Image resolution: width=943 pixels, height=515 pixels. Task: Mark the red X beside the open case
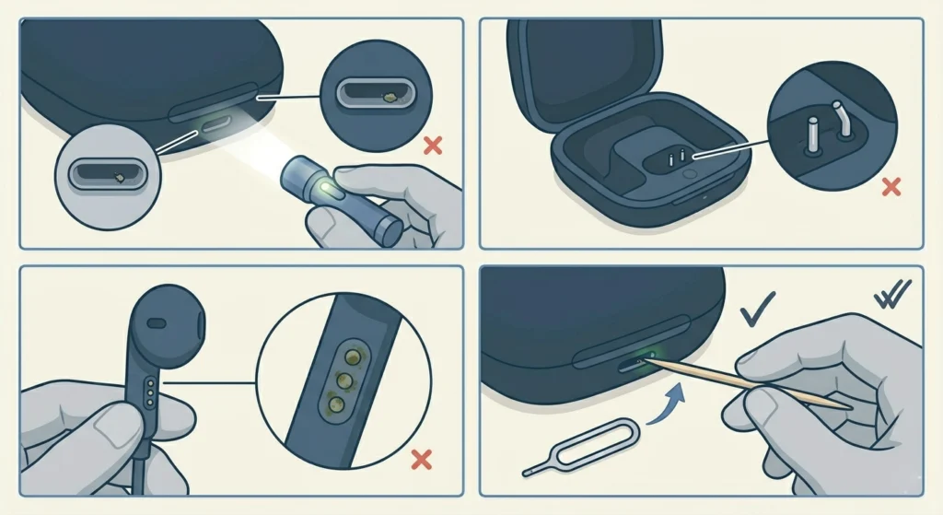click(x=891, y=188)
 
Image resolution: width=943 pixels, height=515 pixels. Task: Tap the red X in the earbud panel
click(x=422, y=458)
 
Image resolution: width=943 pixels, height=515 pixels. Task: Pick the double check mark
click(x=891, y=297)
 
